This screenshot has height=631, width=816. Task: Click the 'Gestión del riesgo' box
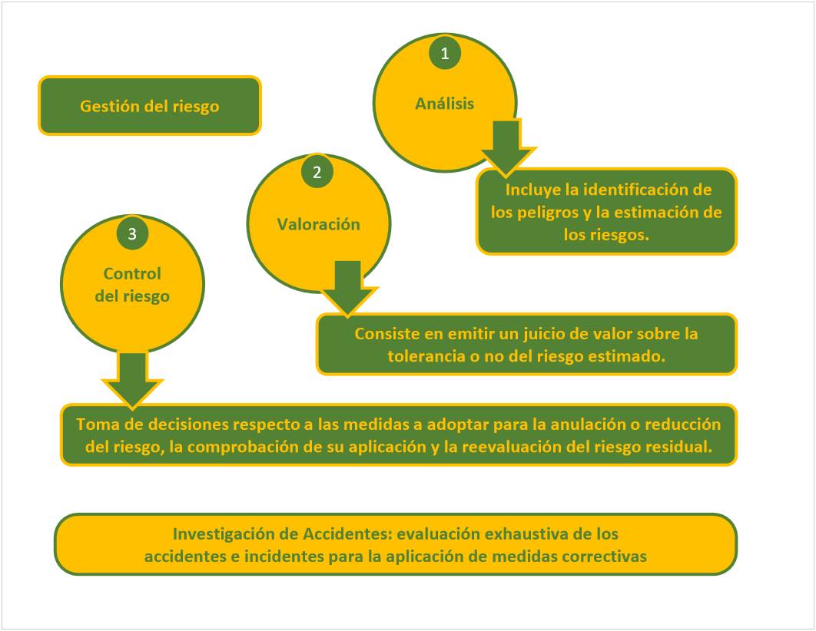[x=150, y=106]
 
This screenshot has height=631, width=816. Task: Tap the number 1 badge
[x=444, y=54]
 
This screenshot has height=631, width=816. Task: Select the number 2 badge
[x=317, y=172]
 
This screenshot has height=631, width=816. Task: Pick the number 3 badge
[x=132, y=234]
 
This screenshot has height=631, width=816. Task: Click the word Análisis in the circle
[x=445, y=104]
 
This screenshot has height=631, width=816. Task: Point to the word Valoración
[x=318, y=224]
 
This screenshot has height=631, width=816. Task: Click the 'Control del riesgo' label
[x=132, y=284]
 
